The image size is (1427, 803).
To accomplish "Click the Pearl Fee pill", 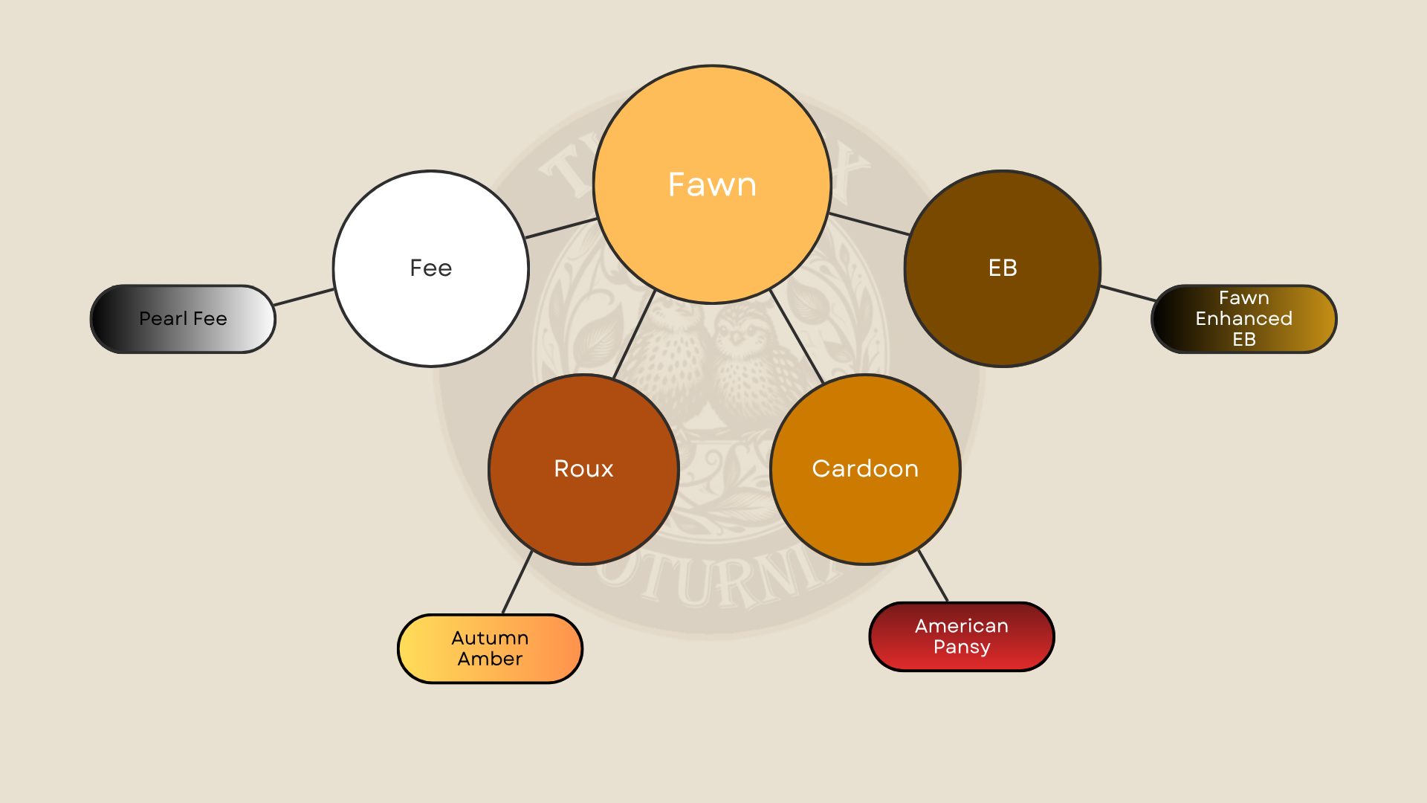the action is (x=183, y=319).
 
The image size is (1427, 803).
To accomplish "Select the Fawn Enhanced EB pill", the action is (x=1243, y=319).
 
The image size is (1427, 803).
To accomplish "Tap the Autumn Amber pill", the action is (x=490, y=648).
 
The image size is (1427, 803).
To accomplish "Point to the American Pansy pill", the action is (x=962, y=636).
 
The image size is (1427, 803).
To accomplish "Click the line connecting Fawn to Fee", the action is (x=561, y=228).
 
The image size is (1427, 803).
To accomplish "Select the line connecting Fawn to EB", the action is (x=869, y=224).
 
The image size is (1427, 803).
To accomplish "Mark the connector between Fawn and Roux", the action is (x=634, y=334).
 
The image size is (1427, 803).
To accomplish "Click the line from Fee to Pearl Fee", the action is (x=304, y=297).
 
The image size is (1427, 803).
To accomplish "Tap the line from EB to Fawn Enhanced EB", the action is (x=1127, y=293).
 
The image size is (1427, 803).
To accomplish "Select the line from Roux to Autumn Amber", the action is (x=517, y=582).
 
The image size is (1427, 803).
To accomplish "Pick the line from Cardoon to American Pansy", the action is (x=933, y=575).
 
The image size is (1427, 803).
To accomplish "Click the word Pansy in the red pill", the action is (x=962, y=647).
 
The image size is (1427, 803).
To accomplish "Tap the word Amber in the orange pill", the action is (x=490, y=659).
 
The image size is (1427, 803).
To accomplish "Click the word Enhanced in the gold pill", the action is (x=1243, y=319).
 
